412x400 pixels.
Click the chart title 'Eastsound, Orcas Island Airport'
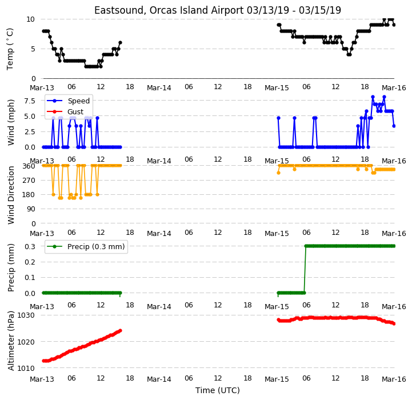pos(169,10)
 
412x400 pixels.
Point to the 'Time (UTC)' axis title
pos(218,390)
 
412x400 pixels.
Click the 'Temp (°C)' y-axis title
pos(10,49)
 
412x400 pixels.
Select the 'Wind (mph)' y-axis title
pos(11,122)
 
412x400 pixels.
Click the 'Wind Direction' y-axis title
pos(11,195)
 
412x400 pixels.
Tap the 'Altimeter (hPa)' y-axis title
pos(11,341)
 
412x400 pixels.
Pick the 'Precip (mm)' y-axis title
pos(11,267)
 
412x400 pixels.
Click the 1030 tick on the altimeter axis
pos(26,315)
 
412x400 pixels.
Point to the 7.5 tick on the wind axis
pos(30,101)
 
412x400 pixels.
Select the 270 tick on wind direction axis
pos(30,181)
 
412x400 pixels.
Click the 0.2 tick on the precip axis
pos(30,262)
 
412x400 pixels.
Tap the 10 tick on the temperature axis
pos(30,19)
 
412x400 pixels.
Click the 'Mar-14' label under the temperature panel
pos(159,88)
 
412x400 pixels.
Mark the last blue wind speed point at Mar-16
pos(394,126)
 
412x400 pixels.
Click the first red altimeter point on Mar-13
pos(43,361)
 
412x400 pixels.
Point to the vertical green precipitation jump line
pos(305,269)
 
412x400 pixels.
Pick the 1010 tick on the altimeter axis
pos(26,368)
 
